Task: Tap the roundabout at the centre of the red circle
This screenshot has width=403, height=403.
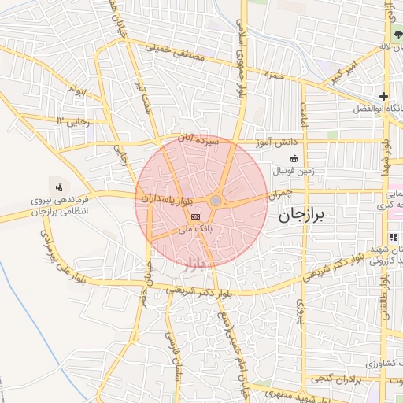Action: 216,201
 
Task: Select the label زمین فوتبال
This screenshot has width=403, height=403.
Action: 294,170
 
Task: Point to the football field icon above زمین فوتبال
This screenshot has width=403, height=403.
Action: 294,157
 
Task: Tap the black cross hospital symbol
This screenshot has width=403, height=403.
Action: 383,96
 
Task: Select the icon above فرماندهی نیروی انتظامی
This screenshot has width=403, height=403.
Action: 58,187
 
